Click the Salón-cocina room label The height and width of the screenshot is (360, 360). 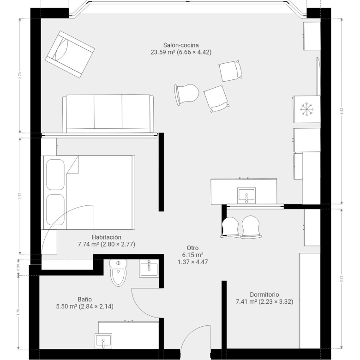click(x=181, y=45)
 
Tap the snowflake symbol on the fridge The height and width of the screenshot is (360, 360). click(x=307, y=109)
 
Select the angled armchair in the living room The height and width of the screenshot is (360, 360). click(x=70, y=54)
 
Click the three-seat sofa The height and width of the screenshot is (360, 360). click(x=108, y=114)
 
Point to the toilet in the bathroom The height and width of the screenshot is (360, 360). click(x=118, y=273)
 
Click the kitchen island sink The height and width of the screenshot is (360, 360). click(x=246, y=195)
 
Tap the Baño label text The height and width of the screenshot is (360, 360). click(x=84, y=300)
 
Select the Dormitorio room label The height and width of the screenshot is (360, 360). click(x=264, y=294)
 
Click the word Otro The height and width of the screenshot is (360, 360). click(x=192, y=248)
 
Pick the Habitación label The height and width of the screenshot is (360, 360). click(x=107, y=237)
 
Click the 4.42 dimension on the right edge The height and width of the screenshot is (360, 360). click(x=342, y=111)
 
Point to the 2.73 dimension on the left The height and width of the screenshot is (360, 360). click(x=20, y=76)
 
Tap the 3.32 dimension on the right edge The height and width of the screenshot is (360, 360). click(x=342, y=279)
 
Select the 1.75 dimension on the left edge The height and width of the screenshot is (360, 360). click(x=18, y=312)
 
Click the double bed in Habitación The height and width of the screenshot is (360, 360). click(x=88, y=192)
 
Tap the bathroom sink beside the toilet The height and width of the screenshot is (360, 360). click(x=149, y=269)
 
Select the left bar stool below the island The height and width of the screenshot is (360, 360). click(x=230, y=227)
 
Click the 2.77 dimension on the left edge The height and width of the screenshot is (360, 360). click(x=20, y=196)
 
